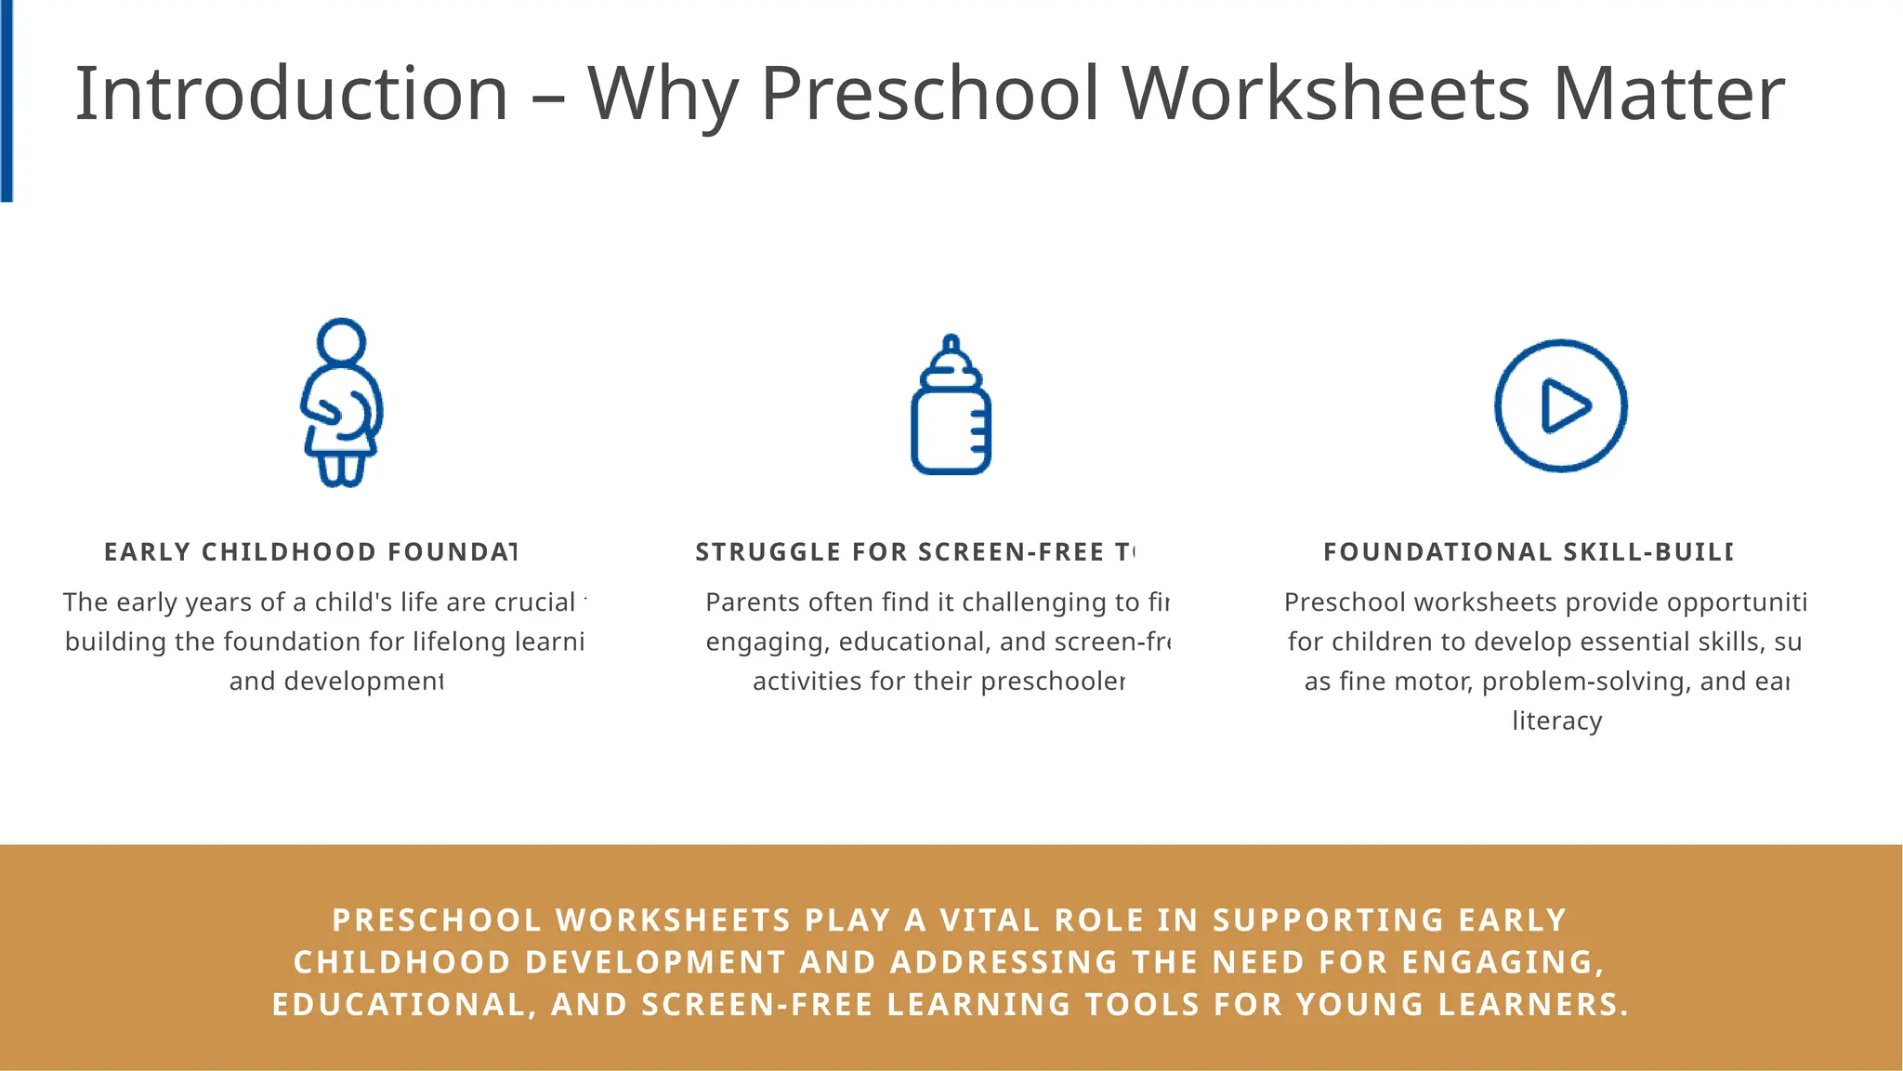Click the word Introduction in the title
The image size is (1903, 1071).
pos(291,94)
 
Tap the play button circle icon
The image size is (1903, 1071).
pos(1560,405)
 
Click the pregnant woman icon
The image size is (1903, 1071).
pos(341,403)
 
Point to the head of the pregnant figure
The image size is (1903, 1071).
pos(341,341)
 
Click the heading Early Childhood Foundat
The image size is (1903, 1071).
pos(310,552)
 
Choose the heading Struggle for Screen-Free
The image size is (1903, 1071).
pos(915,552)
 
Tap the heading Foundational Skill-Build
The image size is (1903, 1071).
pos(1528,552)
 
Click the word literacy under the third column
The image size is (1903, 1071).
pos(1556,721)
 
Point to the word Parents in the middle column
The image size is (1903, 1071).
pos(743,602)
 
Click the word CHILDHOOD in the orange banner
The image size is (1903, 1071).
pos(402,962)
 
